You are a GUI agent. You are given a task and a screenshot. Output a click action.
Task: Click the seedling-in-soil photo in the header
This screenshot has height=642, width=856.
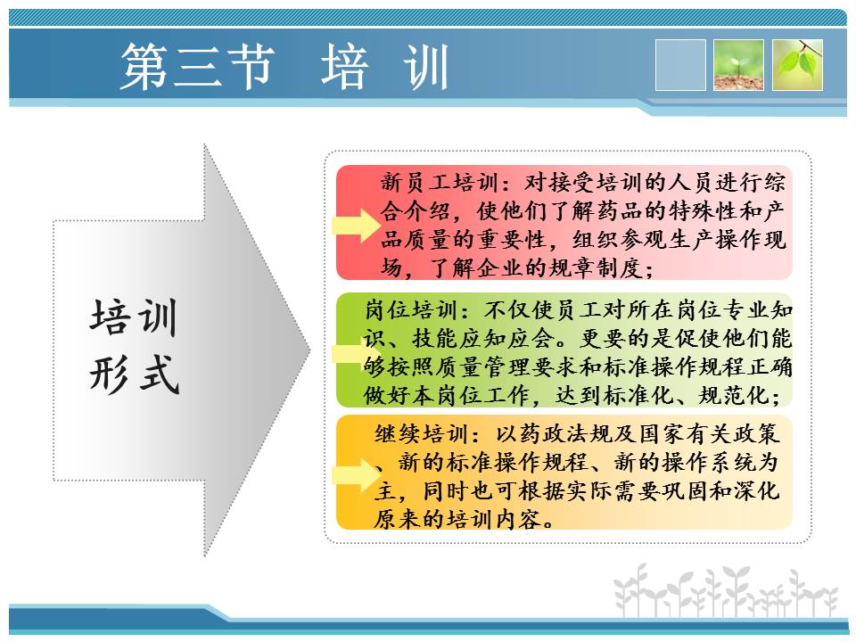(738, 65)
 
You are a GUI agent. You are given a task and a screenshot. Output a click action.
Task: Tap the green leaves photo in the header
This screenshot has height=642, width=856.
(797, 65)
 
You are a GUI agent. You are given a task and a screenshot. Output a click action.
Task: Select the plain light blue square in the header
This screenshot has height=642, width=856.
(680, 65)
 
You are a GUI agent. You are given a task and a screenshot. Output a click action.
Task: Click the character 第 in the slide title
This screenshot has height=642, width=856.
(144, 67)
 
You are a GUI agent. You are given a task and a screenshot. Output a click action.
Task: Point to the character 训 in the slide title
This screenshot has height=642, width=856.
(425, 67)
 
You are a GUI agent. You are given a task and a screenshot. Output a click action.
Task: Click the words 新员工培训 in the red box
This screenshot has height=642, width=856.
(440, 182)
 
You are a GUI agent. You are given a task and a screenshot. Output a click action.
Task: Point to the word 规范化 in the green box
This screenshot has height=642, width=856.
(734, 395)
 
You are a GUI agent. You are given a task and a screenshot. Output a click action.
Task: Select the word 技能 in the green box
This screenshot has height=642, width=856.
(435, 339)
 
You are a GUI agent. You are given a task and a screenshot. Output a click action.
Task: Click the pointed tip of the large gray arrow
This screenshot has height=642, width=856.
(310, 350)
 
